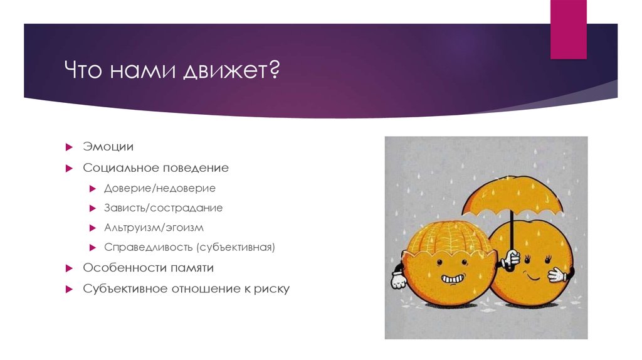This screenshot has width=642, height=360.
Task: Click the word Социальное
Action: tap(121, 168)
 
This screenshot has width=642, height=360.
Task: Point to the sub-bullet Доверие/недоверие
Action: tap(160, 188)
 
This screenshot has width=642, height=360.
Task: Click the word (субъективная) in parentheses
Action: tap(236, 247)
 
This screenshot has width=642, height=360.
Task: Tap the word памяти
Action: tap(191, 268)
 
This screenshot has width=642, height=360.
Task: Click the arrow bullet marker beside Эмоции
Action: tap(70, 147)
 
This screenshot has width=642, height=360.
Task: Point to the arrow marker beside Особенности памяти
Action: tap(70, 268)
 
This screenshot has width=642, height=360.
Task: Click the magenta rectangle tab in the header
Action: tap(568, 29)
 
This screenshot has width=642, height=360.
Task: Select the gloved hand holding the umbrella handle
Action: tap(512, 258)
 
